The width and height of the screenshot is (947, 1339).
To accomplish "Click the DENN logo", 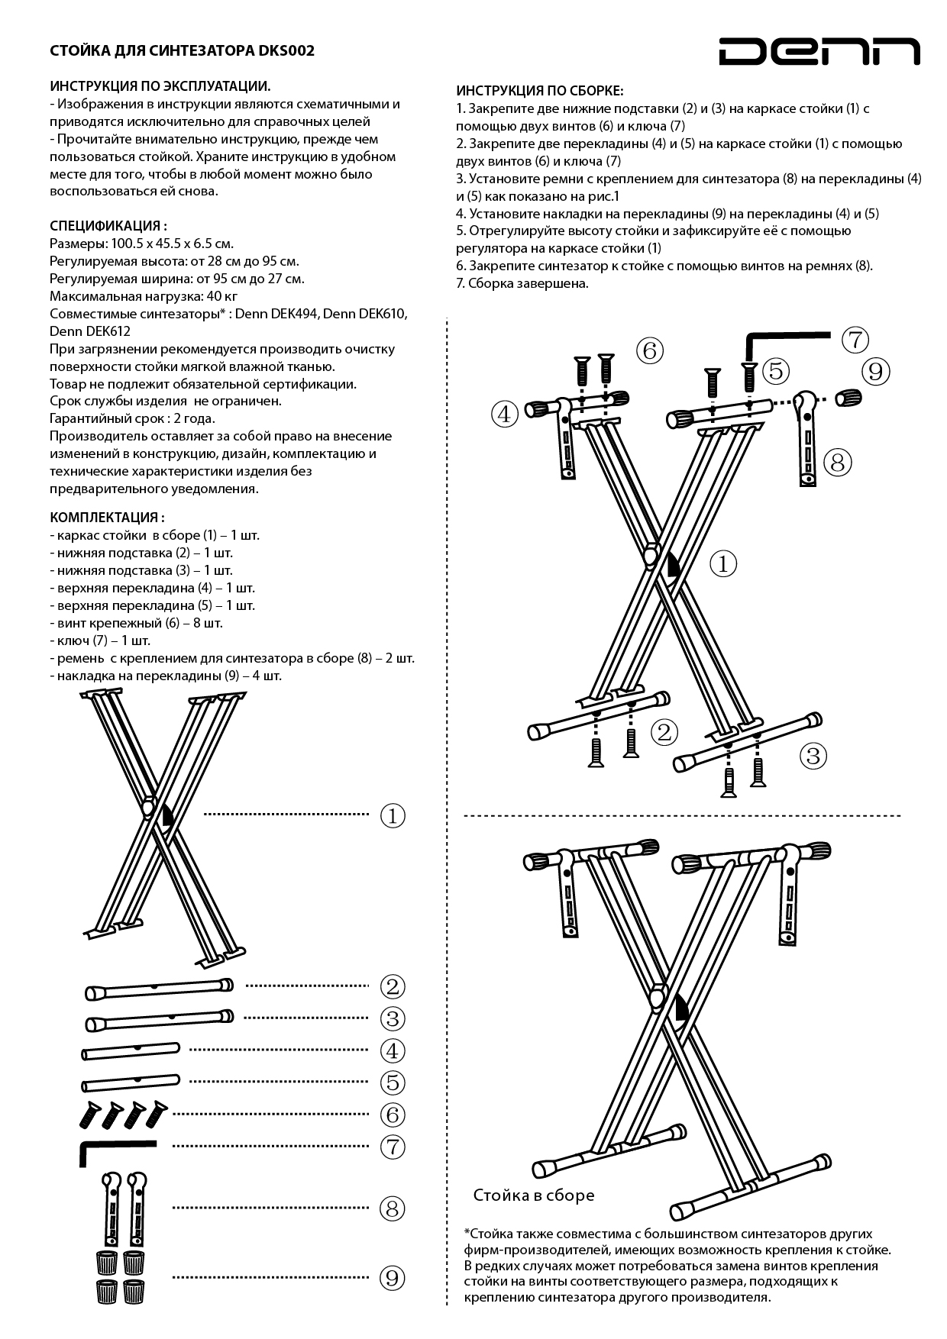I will pyautogui.click(x=819, y=51).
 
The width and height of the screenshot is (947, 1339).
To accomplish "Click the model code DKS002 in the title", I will pyautogui.click(x=286, y=51).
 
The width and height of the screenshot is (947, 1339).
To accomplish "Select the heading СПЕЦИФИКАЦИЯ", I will pyautogui.click(x=108, y=226).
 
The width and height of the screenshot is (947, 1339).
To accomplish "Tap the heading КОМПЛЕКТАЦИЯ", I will pyautogui.click(x=107, y=517).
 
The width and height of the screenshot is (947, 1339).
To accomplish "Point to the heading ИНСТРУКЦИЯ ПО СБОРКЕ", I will pyautogui.click(x=540, y=91).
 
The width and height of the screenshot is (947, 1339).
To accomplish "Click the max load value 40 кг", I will pyautogui.click(x=221, y=296).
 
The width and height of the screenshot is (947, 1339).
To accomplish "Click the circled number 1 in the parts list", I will pyautogui.click(x=393, y=816).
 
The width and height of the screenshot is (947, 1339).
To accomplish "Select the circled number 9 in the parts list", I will pyautogui.click(x=393, y=1278).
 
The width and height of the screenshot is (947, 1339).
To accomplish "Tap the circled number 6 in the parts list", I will pyautogui.click(x=393, y=1115).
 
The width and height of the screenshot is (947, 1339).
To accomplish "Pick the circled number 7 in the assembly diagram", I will pyautogui.click(x=855, y=340).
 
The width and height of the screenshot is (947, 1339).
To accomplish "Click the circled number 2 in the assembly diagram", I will pyautogui.click(x=664, y=732).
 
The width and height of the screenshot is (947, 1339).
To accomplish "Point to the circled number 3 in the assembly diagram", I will pyautogui.click(x=813, y=756).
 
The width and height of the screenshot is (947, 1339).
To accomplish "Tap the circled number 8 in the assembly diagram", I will pyautogui.click(x=837, y=462).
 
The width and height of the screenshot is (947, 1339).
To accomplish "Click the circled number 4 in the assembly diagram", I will pyautogui.click(x=504, y=415).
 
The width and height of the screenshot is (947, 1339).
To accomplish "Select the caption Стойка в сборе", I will pyautogui.click(x=533, y=1195).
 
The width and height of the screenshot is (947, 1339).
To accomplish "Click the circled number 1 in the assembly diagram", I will pyautogui.click(x=723, y=564).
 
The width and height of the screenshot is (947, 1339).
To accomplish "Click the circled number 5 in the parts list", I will pyautogui.click(x=393, y=1082).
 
